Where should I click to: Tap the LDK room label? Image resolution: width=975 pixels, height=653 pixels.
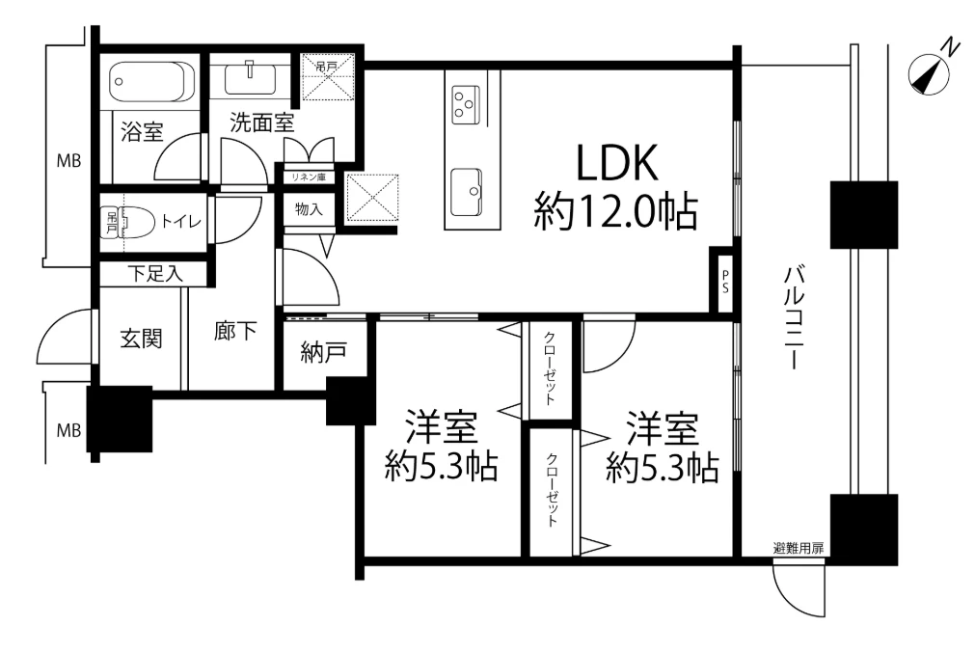click(616, 164)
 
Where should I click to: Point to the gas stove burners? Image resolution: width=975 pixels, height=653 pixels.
click(466, 102)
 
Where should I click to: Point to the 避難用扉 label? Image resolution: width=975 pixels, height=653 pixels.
click(799, 548)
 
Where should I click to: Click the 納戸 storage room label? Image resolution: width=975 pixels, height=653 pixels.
click(323, 353)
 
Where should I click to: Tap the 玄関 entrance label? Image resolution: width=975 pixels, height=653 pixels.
click(141, 339)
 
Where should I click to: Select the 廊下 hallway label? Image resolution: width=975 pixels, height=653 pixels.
click(234, 333)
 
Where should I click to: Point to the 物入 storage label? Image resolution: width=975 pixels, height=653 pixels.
click(308, 208)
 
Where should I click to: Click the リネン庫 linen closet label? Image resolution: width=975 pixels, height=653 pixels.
click(308, 177)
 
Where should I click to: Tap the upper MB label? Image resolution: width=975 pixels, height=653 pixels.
click(68, 161)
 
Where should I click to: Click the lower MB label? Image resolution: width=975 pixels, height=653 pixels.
click(68, 430)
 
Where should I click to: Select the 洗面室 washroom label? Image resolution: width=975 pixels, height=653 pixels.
click(261, 123)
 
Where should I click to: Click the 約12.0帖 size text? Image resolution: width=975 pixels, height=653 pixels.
click(616, 210)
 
